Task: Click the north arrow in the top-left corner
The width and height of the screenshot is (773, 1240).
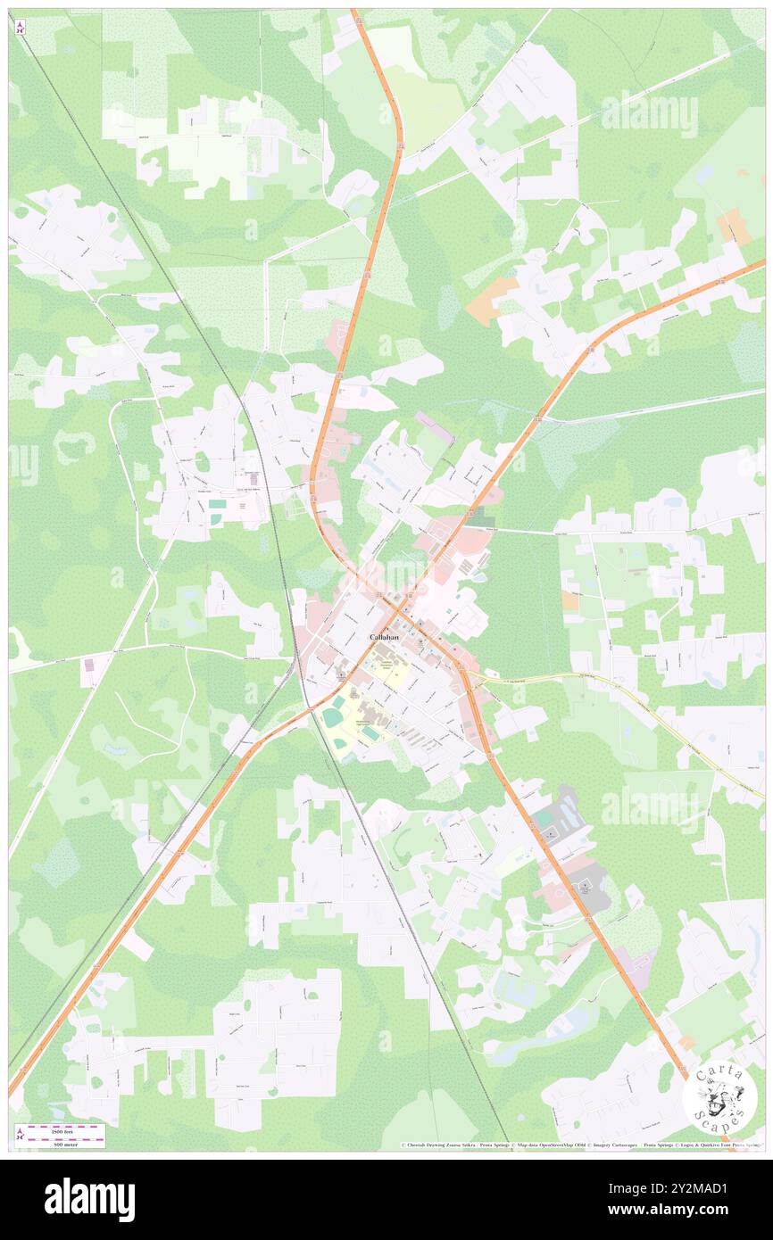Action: (20, 27)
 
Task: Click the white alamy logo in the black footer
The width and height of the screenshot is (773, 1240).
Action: (89, 1199)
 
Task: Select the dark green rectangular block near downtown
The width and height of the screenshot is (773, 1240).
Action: (481, 517)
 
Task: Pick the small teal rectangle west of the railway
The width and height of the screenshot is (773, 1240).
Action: (217, 504)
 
